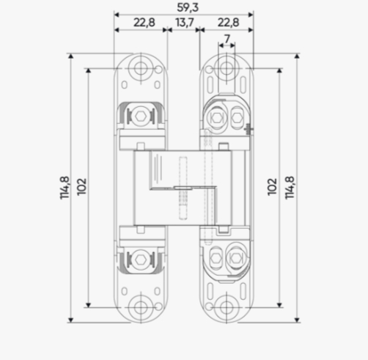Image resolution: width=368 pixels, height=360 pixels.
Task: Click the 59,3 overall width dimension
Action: tap(188, 7)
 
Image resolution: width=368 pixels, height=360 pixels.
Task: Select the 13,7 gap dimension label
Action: tap(185, 23)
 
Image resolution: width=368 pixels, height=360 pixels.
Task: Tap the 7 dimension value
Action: tap(227, 39)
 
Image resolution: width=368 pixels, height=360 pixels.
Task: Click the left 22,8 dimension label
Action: tap(144, 23)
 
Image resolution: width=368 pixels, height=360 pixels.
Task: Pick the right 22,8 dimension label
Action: tap(228, 23)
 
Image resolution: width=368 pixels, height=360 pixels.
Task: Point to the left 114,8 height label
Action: tap(65, 188)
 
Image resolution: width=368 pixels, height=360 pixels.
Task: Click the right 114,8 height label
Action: tap(290, 188)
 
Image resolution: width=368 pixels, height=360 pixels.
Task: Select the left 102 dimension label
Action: tap(82, 187)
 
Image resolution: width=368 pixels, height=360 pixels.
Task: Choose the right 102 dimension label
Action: tap(272, 187)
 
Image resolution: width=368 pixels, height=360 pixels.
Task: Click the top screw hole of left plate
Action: tap(141, 68)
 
